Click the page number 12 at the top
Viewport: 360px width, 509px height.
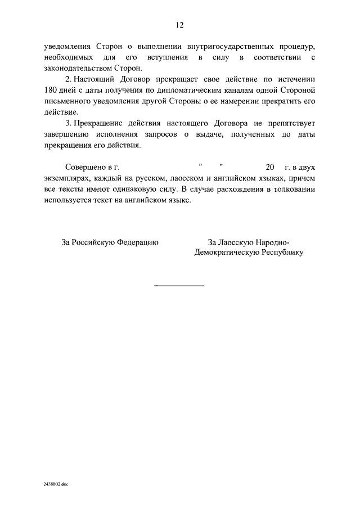pyautogui.click(x=179, y=25)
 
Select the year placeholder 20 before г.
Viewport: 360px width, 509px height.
pyautogui.click(x=269, y=168)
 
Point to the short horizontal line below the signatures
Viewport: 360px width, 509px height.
pyautogui.click(x=179, y=286)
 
